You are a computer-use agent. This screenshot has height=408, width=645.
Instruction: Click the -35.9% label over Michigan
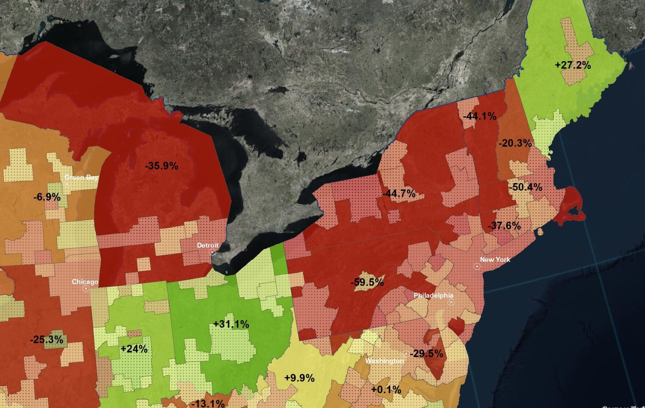pos(162,165)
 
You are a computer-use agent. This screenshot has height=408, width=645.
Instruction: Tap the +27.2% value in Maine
pos(573,65)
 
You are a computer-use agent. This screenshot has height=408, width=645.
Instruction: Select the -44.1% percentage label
pos(480,116)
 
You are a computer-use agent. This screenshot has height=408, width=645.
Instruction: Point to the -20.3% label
pos(515,143)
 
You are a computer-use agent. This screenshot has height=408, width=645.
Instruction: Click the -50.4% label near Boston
pos(525,187)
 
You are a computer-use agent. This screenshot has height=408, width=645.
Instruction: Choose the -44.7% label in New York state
pos(399,193)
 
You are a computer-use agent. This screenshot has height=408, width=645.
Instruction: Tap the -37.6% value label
pos(504,226)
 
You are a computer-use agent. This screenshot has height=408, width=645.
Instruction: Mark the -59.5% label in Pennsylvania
pos(367,282)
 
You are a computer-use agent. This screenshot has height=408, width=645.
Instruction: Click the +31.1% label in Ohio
pos(231,324)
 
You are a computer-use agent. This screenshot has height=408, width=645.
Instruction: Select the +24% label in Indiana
pos(134,349)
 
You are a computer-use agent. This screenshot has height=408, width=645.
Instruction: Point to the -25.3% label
pos(47,340)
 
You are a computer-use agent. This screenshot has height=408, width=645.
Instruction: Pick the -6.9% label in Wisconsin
pos(47,197)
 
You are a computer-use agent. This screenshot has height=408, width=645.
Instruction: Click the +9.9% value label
pos(299,378)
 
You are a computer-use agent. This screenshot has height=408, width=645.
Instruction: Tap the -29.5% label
pos(426,353)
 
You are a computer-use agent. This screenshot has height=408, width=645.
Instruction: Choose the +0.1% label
pos(386,390)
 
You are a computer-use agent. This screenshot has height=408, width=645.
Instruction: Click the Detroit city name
pos(208,245)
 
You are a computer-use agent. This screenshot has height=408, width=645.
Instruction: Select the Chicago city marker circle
pos(86,288)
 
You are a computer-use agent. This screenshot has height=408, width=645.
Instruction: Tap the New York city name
pos(495,260)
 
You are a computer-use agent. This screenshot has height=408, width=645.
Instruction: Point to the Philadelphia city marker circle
pos(451,302)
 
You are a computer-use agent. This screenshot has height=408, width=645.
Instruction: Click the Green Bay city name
pos(81,177)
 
